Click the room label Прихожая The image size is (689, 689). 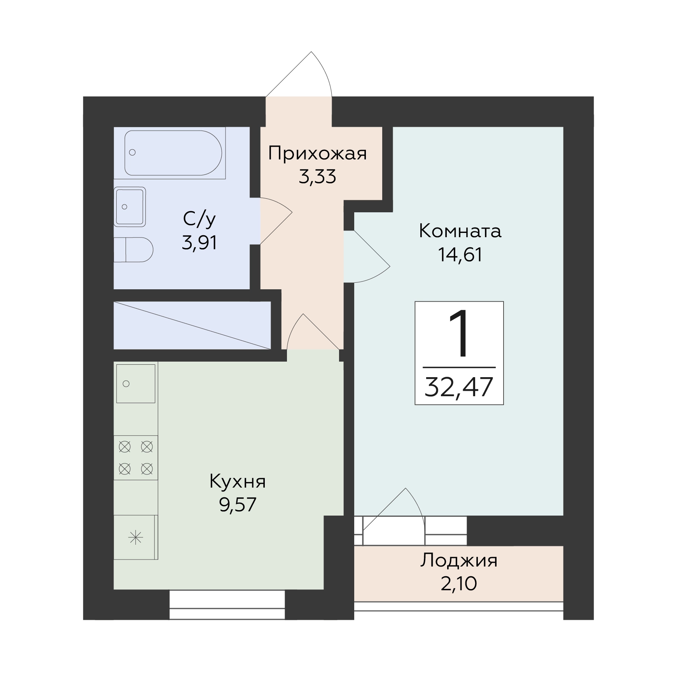tap(317, 154)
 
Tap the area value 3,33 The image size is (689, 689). tap(317, 177)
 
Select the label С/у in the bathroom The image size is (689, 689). tap(199, 220)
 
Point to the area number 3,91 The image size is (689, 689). tap(199, 243)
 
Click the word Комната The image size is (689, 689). tap(460, 231)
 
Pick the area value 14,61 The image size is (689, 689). tap(460, 255)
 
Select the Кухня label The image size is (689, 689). tap(238, 482)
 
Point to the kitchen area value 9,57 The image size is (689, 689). tap(238, 505)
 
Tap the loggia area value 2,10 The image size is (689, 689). tap(459, 584)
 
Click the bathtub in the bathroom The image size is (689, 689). tap(173, 153)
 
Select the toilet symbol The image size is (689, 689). tap(133, 250)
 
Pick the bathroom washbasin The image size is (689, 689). tap(130, 207)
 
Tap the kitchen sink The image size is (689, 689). tap(136, 383)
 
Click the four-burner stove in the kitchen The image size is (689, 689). tap(136, 458)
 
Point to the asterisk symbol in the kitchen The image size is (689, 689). tap(136, 538)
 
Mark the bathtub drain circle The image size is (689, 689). tap(133, 152)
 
